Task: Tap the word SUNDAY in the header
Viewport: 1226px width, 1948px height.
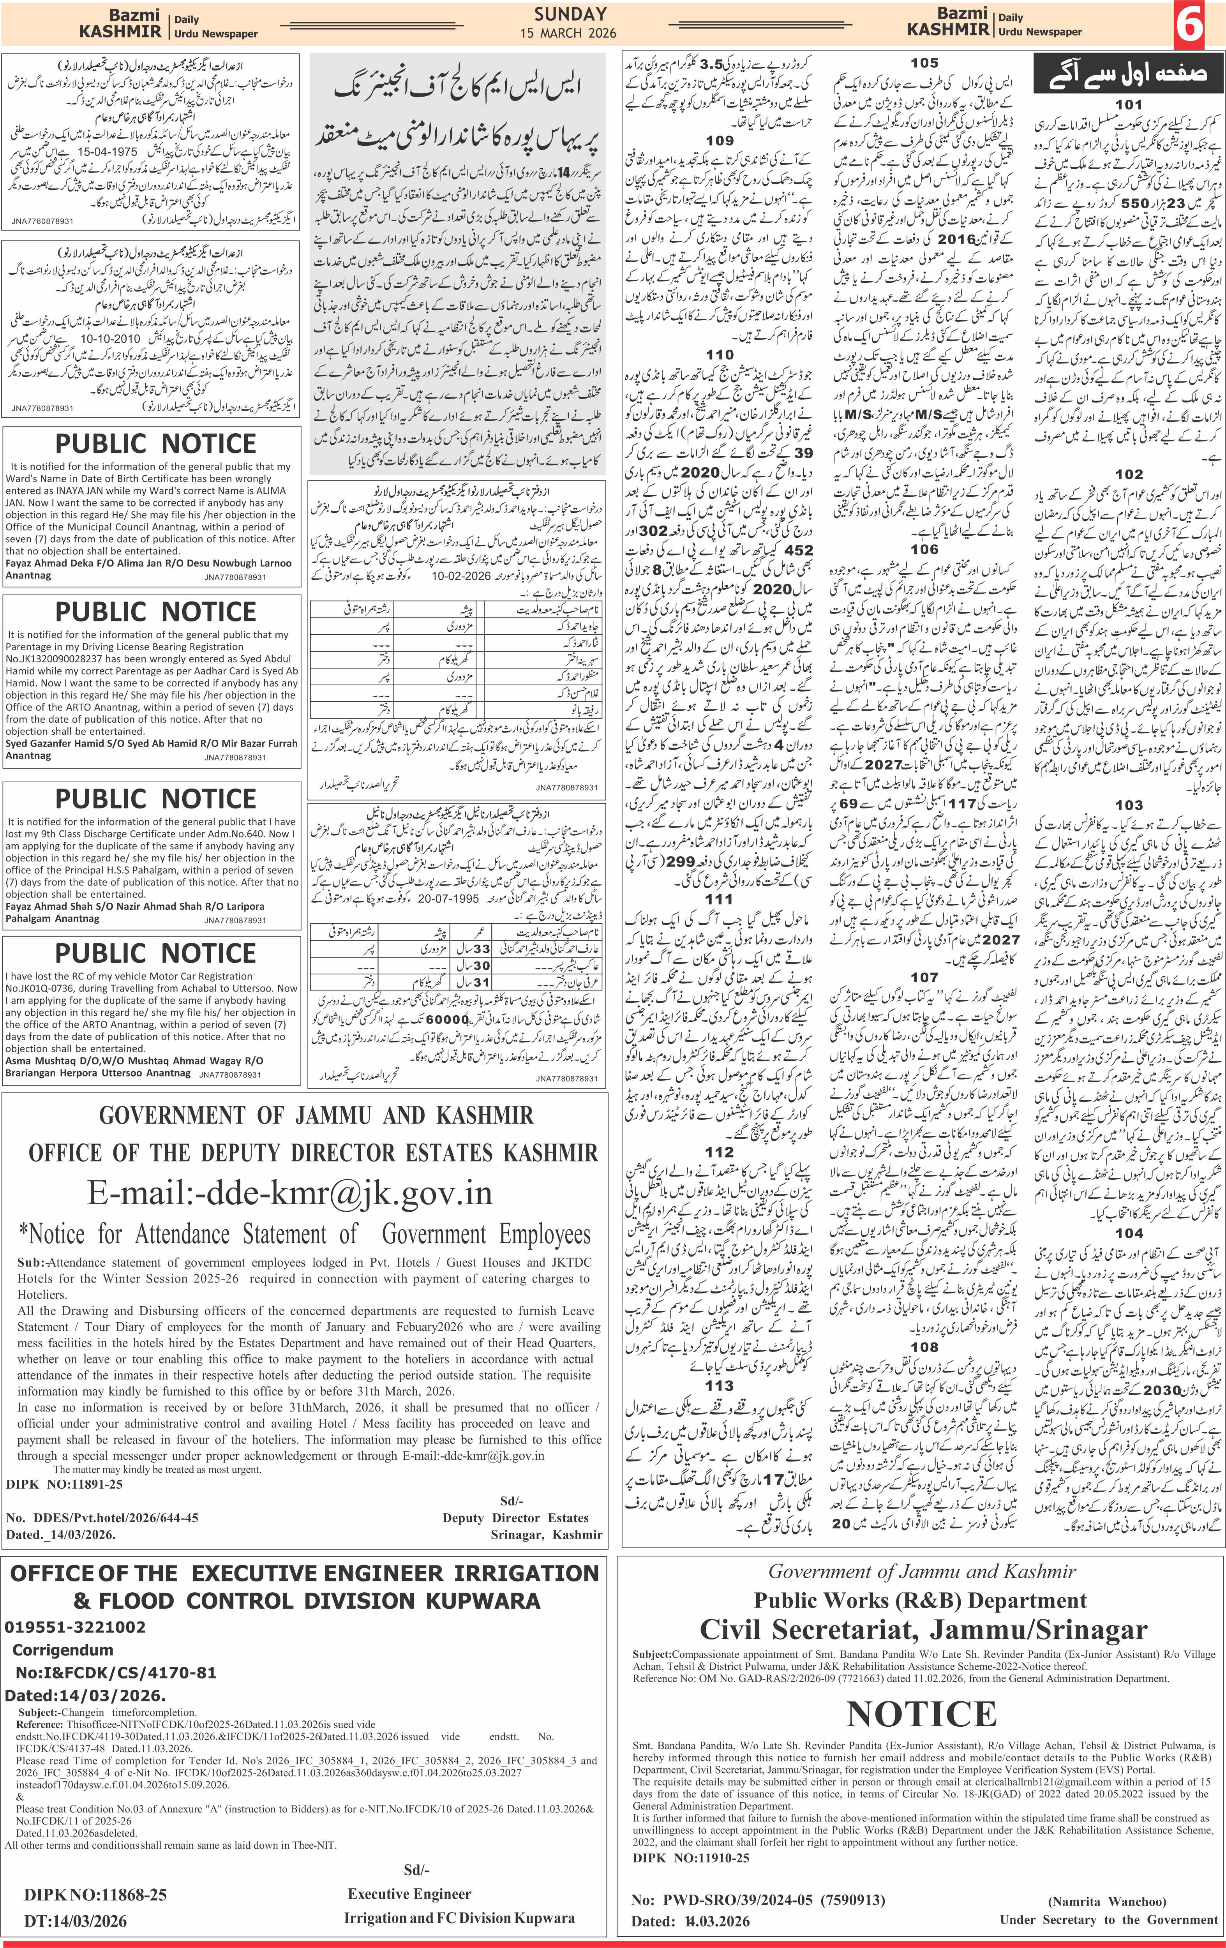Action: pos(570,14)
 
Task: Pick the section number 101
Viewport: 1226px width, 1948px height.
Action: pos(1129,104)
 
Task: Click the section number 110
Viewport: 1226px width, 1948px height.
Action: pos(719,354)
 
